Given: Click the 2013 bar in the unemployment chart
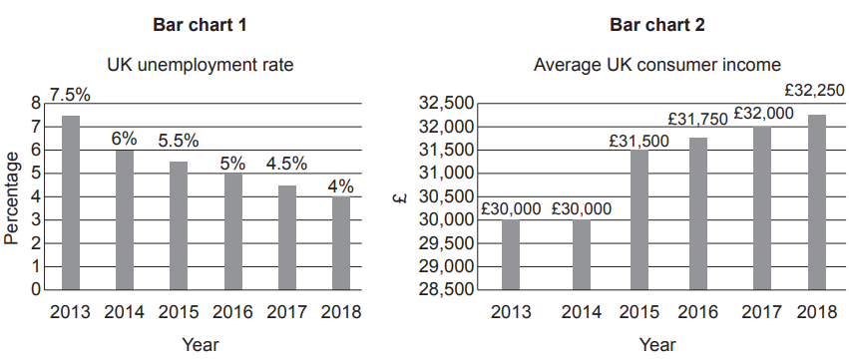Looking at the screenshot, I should coord(71,203).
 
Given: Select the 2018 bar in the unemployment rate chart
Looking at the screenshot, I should coord(341,243).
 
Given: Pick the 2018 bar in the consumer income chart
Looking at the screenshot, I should coord(816,202).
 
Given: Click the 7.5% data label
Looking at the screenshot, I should coord(70,96).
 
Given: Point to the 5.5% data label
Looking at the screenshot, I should coord(179,141).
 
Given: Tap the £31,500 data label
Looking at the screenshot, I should coord(639,141).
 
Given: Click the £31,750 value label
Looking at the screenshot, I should coord(698,119).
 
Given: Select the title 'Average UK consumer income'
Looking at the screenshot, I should coord(657,66).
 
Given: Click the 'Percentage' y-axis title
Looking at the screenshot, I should coord(12,197).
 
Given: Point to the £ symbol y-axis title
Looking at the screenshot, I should coord(399,196).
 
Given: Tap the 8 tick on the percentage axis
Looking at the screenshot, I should coord(37,103).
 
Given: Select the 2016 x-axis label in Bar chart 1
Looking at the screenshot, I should coord(232,312).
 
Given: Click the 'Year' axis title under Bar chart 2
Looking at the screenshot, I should coord(657,345).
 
